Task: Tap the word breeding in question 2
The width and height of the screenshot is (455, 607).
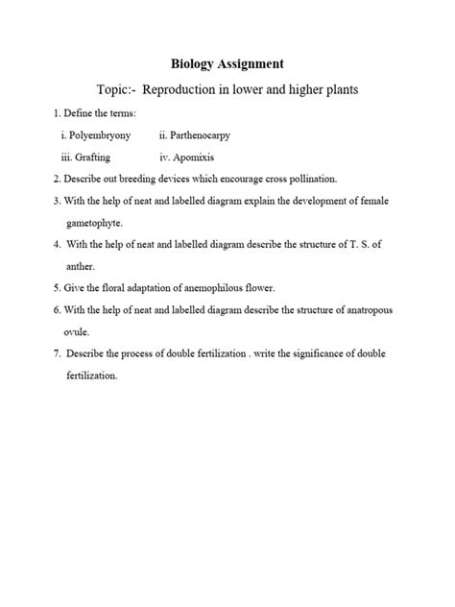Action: (x=160, y=179)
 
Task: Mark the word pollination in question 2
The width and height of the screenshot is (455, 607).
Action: (x=335, y=179)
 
